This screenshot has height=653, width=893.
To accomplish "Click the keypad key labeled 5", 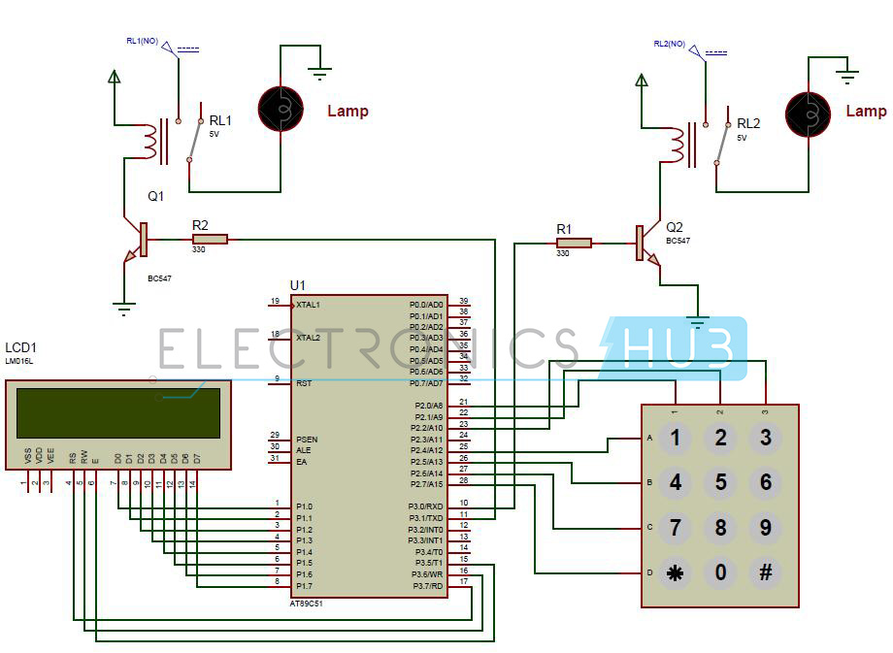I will tap(720, 482).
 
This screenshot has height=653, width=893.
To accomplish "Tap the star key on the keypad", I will tap(675, 572).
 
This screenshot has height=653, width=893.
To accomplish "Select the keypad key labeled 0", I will tap(720, 572).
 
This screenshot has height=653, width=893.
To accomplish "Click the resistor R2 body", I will tap(209, 239).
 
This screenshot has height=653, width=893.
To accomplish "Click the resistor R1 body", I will tap(573, 243).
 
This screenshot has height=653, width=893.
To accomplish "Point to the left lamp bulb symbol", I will tap(281, 110).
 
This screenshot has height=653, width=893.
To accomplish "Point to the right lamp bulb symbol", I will tap(809, 114).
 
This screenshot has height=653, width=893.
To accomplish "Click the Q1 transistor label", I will tap(156, 196).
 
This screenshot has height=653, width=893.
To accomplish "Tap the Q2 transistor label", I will tap(675, 227).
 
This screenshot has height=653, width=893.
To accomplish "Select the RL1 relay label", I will tap(220, 120).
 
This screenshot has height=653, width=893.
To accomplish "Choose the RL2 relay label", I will tap(747, 123).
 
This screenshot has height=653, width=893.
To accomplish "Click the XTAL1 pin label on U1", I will tap(309, 305).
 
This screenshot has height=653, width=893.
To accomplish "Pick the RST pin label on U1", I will tap(304, 383).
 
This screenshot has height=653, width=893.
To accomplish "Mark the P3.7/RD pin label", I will tap(427, 585).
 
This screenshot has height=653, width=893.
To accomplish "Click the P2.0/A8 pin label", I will tap(427, 406).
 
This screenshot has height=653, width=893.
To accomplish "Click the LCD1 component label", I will tap(21, 347).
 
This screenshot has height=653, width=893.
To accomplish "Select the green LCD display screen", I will tap(117, 412).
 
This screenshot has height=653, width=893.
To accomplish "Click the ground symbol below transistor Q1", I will tap(123, 310).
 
